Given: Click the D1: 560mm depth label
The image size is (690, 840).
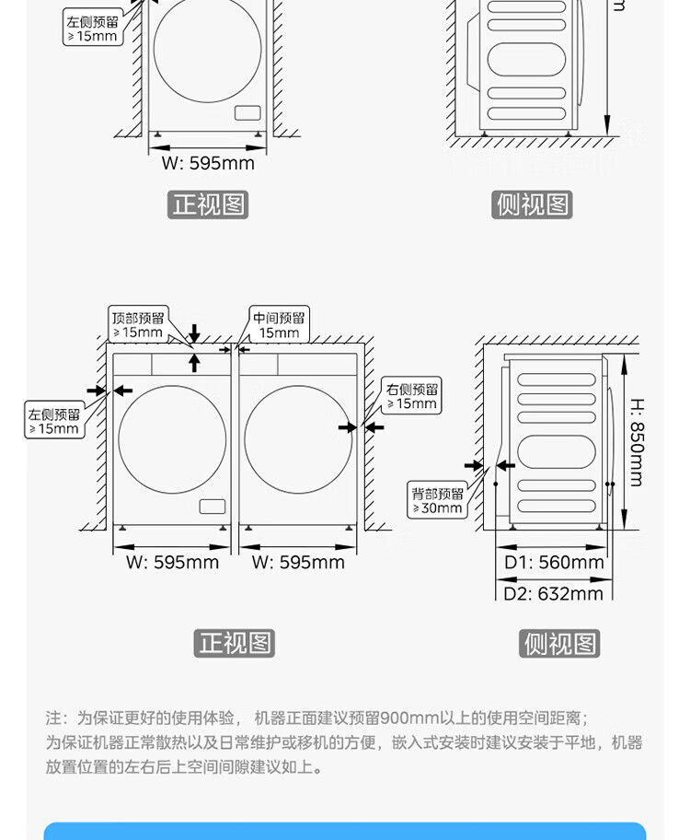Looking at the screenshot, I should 554,562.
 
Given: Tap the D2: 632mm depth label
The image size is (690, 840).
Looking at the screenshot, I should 553,592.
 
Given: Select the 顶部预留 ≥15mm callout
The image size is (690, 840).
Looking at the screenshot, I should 137,324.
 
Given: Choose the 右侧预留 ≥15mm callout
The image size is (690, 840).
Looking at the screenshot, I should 411,395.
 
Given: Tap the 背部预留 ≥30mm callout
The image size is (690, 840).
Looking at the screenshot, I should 437,500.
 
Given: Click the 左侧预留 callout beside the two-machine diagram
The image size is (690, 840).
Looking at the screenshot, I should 53,421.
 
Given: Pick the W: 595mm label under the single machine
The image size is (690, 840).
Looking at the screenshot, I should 208,163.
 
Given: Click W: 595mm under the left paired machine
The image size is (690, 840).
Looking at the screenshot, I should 172,562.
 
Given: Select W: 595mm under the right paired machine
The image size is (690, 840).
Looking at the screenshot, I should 298,562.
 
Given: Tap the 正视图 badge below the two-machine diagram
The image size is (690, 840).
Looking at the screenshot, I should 235,642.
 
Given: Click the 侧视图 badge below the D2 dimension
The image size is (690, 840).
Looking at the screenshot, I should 559,643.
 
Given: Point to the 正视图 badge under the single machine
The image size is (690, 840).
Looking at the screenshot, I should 208,204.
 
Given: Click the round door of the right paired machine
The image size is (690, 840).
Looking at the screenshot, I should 298,438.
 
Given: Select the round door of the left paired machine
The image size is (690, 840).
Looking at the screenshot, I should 172,438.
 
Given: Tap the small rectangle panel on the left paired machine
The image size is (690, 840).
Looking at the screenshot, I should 212,507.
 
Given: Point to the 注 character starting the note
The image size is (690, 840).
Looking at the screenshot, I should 54,717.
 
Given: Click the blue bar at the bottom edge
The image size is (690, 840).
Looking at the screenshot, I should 345,831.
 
